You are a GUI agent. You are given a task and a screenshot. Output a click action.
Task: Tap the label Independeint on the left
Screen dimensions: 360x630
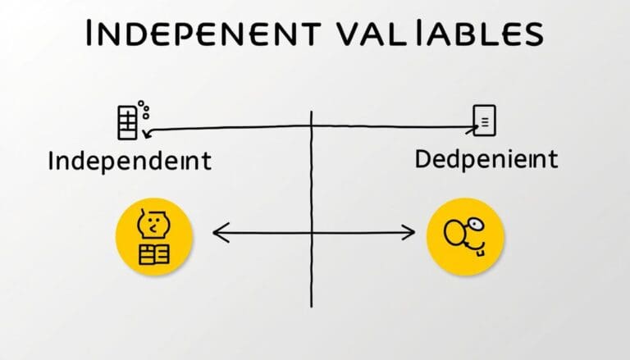tap(129, 160)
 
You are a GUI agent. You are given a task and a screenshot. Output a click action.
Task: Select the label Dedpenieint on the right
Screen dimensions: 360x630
tap(485, 157)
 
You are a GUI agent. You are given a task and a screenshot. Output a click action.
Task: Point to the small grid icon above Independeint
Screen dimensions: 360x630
tap(127, 124)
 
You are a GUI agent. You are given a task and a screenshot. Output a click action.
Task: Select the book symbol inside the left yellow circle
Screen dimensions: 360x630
tap(153, 253)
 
